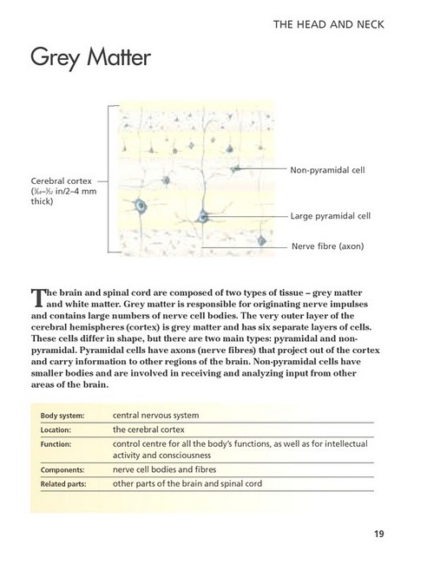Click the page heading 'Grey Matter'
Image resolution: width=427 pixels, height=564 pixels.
(x=90, y=57)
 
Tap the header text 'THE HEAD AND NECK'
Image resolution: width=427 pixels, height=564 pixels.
(x=328, y=24)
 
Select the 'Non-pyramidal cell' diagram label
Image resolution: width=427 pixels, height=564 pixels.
(x=327, y=170)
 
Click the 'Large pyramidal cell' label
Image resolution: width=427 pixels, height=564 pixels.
(x=331, y=216)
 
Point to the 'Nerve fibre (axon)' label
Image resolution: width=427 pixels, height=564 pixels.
(x=328, y=246)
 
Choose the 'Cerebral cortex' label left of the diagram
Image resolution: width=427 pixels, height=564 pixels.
(x=61, y=181)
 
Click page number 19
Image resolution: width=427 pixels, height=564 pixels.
(x=379, y=534)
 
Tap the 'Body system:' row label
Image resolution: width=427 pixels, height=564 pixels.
(x=62, y=416)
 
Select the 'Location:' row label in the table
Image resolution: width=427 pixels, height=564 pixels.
(x=56, y=430)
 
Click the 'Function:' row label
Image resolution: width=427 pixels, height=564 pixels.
(x=56, y=444)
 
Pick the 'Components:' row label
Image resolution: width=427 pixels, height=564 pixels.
(x=62, y=469)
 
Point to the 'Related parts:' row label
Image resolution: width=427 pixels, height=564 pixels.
(x=63, y=484)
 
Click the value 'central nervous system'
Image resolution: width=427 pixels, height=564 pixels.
(x=155, y=416)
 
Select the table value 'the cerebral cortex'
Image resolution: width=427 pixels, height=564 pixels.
(x=148, y=430)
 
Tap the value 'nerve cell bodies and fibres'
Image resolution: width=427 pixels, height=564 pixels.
(x=164, y=469)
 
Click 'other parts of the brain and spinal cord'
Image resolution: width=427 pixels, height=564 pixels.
(x=187, y=483)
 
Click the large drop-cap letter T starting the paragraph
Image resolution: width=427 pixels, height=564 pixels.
(x=38, y=298)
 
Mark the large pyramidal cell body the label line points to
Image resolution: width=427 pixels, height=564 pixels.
(x=202, y=216)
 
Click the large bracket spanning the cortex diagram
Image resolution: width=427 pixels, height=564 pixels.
(x=108, y=179)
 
